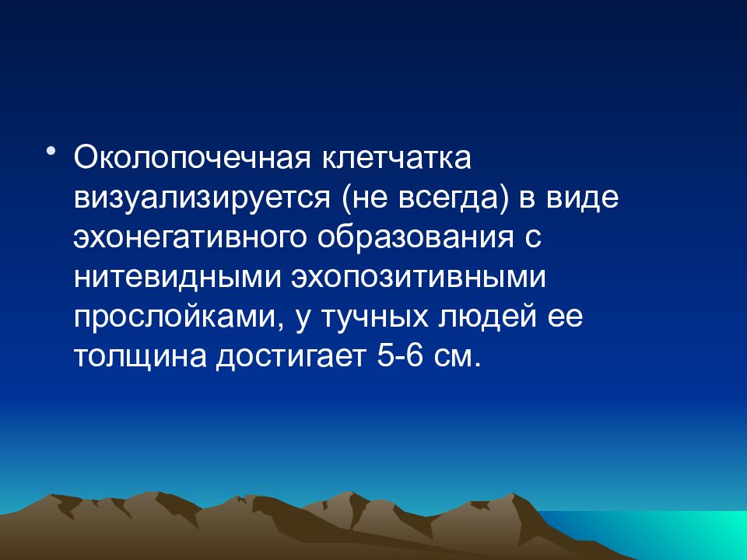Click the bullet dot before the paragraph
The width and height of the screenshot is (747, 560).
51,152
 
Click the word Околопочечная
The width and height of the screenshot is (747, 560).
192,158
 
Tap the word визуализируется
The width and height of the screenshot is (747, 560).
202,198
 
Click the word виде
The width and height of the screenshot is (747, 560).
582,198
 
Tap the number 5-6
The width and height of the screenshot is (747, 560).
400,355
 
